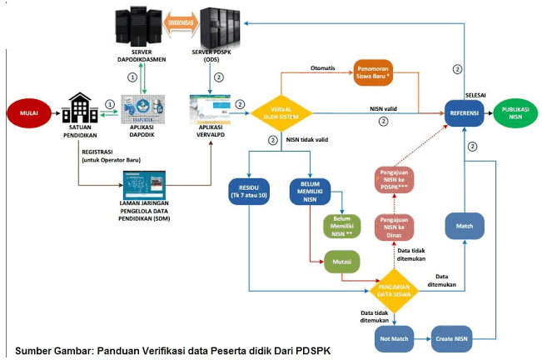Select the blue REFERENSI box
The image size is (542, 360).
464,112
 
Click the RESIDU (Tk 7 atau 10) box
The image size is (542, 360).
249,191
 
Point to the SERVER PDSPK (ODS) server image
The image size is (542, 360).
221,28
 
